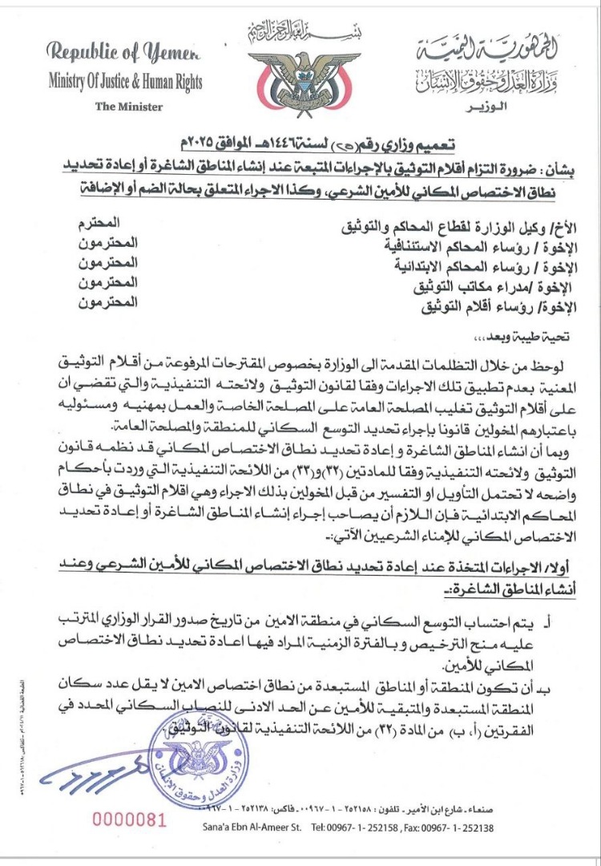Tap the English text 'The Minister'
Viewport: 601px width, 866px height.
click(128, 107)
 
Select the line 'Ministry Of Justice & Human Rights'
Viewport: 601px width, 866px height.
click(125, 82)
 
